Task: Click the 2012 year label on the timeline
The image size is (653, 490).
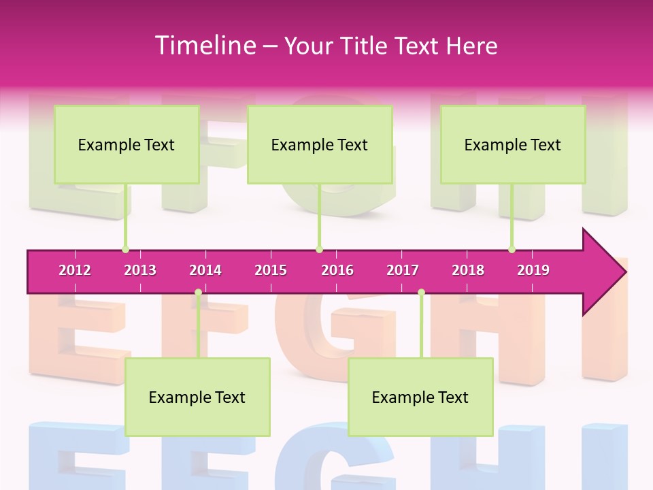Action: [x=75, y=270]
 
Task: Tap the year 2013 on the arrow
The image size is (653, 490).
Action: [x=140, y=270]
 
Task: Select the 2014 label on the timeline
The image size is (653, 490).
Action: [x=205, y=270]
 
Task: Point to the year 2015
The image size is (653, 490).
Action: [x=271, y=270]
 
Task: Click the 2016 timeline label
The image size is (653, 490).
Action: [x=337, y=270]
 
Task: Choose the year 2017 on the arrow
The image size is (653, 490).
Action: [x=403, y=270]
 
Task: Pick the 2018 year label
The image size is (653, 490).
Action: [x=468, y=270]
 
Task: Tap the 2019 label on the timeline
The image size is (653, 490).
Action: [x=533, y=270]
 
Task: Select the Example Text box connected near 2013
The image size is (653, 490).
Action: [x=127, y=144]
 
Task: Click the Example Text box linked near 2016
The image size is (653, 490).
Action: [x=320, y=144]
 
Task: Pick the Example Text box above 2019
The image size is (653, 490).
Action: [x=513, y=144]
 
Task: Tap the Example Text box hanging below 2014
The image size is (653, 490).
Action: [x=197, y=397]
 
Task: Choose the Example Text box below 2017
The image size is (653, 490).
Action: [x=420, y=397]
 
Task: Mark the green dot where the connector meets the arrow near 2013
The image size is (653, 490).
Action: [x=125, y=250]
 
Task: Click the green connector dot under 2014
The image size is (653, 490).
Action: [x=198, y=293]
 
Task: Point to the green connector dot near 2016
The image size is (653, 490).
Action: [x=319, y=250]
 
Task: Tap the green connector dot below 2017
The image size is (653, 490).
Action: [x=421, y=293]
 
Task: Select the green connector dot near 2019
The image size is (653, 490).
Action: [x=512, y=250]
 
